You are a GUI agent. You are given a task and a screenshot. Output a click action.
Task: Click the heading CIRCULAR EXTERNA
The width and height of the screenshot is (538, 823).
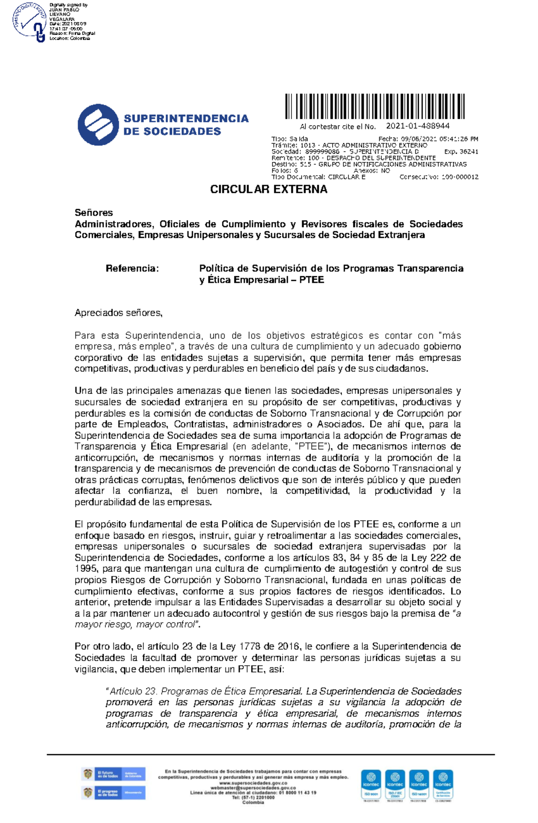pyautogui.click(x=269, y=189)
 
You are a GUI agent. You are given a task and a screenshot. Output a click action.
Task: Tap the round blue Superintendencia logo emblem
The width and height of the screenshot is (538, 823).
pyautogui.click(x=98, y=125)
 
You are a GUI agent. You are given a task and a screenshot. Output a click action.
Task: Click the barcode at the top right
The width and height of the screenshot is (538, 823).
pyautogui.click(x=375, y=106)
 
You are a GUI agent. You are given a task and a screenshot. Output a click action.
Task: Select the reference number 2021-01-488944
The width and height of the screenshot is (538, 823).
pyautogui.click(x=418, y=126)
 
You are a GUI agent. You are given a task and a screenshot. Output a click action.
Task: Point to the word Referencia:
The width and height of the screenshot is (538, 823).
pyautogui.click(x=132, y=269)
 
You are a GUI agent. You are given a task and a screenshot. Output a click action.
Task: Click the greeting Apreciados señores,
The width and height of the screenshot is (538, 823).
pyautogui.click(x=118, y=313)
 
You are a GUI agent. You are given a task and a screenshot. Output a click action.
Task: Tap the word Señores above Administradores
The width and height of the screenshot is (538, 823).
pyautogui.click(x=94, y=213)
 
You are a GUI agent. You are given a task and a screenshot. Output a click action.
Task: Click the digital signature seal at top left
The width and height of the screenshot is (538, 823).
pyautogui.click(x=30, y=22)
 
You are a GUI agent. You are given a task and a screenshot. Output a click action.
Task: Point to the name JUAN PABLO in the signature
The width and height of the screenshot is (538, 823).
pyautogui.click(x=64, y=10)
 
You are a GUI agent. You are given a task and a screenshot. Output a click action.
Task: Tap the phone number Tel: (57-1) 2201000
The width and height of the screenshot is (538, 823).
pyautogui.click(x=253, y=798)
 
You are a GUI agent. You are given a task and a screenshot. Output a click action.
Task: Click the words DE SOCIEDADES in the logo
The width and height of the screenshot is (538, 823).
pyautogui.click(x=172, y=131)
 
